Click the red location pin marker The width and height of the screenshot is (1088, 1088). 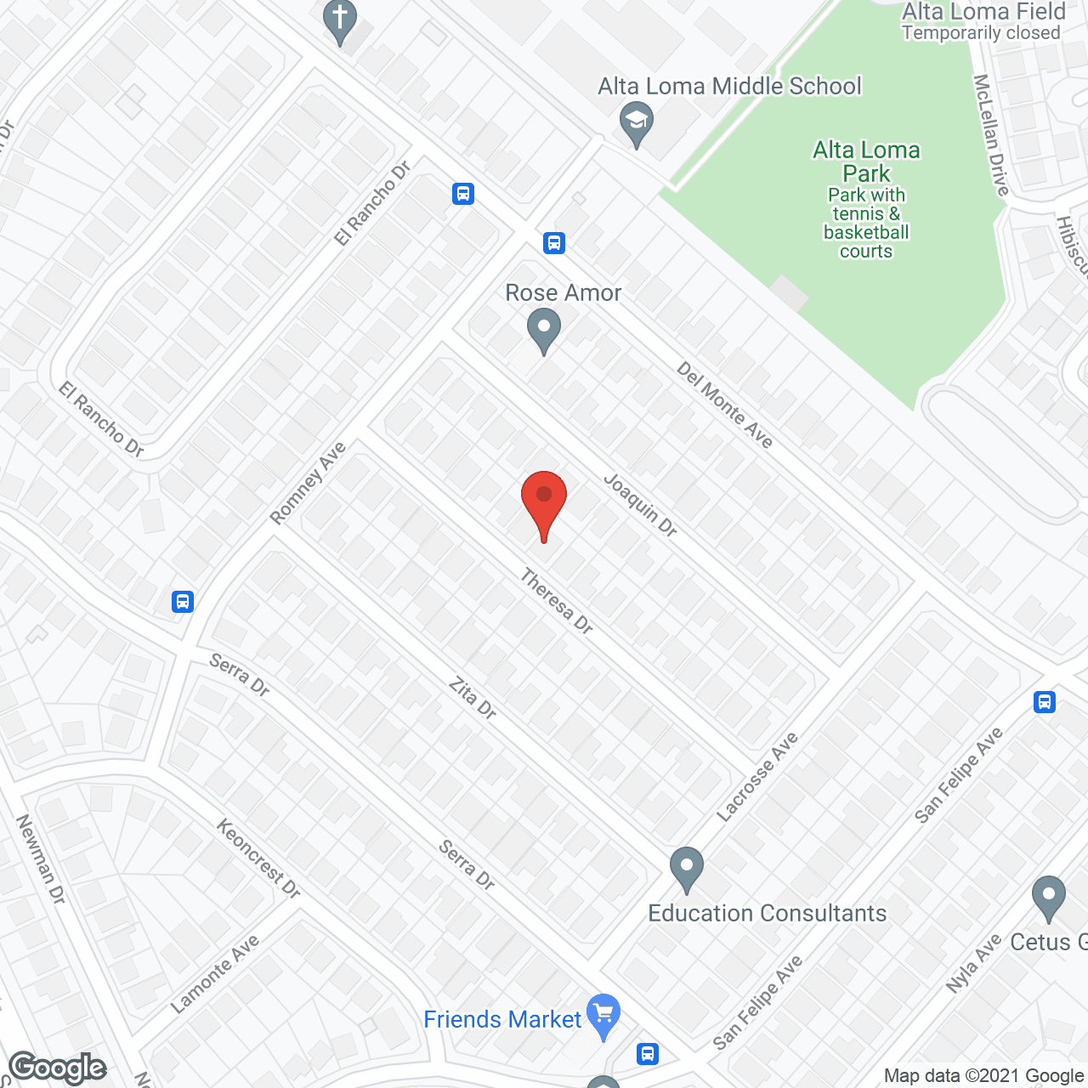(544, 501)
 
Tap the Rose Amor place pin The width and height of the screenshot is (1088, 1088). (544, 330)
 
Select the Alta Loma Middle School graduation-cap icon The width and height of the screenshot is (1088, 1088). (636, 122)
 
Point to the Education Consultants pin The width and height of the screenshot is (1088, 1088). (687, 869)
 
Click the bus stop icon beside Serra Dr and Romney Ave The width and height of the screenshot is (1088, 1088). (183, 602)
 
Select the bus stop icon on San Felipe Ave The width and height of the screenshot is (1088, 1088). (1045, 702)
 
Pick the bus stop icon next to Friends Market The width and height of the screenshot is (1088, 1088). (648, 1054)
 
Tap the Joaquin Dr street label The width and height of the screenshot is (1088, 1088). (640, 506)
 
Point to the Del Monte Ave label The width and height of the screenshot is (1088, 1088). (725, 405)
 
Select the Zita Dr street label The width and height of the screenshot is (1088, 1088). (473, 698)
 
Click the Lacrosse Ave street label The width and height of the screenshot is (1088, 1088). (757, 777)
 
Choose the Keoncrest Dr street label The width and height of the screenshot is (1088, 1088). (258, 858)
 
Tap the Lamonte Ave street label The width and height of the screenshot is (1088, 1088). (214, 974)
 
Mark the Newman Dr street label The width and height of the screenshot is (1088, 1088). (40, 858)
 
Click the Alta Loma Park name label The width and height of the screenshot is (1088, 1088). (866, 161)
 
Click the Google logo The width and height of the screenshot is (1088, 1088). (58, 1068)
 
